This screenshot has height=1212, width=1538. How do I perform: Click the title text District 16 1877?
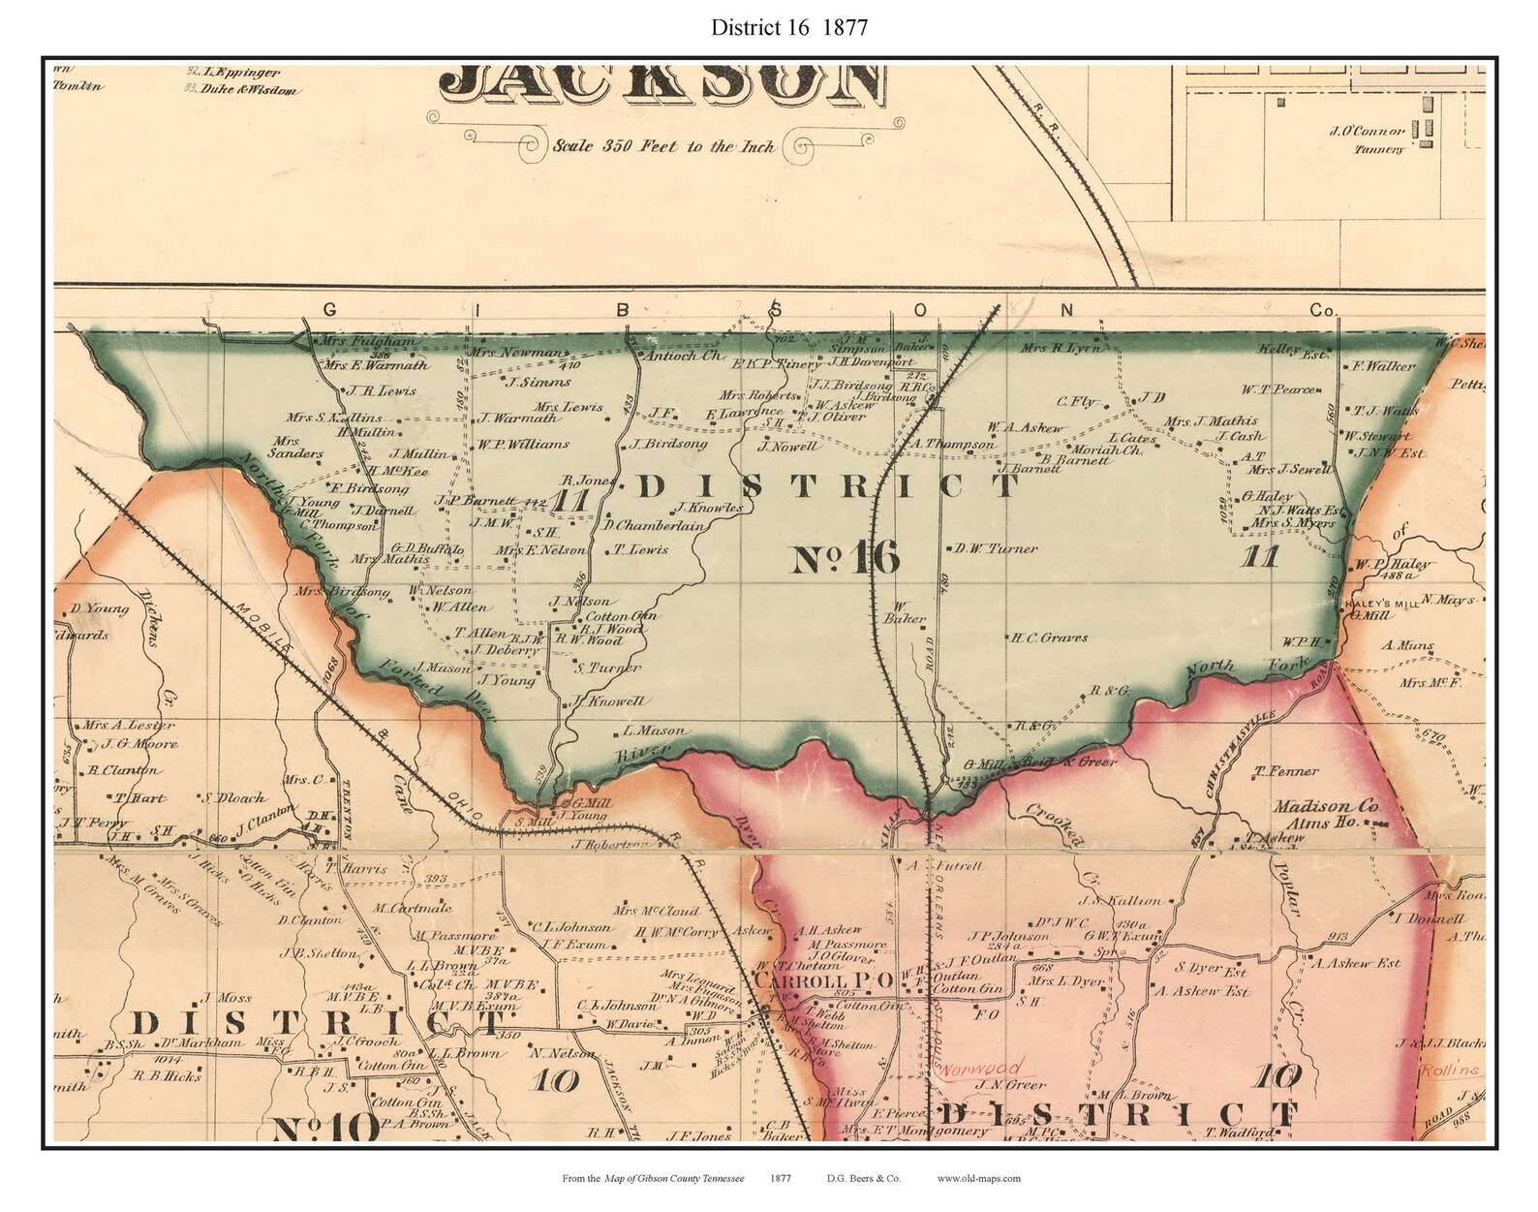[x=788, y=27]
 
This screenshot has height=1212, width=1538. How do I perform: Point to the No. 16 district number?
[x=846, y=559]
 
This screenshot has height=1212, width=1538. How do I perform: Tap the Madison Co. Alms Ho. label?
[x=1323, y=814]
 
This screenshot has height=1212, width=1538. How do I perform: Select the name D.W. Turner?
[x=996, y=548]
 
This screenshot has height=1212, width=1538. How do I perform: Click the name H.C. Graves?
[x=1049, y=637]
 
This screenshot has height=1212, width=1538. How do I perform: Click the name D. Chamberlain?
[x=653, y=526]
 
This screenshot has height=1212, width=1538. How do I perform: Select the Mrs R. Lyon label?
[x=1061, y=348]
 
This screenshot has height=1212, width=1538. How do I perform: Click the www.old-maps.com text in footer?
[x=979, y=1179]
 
